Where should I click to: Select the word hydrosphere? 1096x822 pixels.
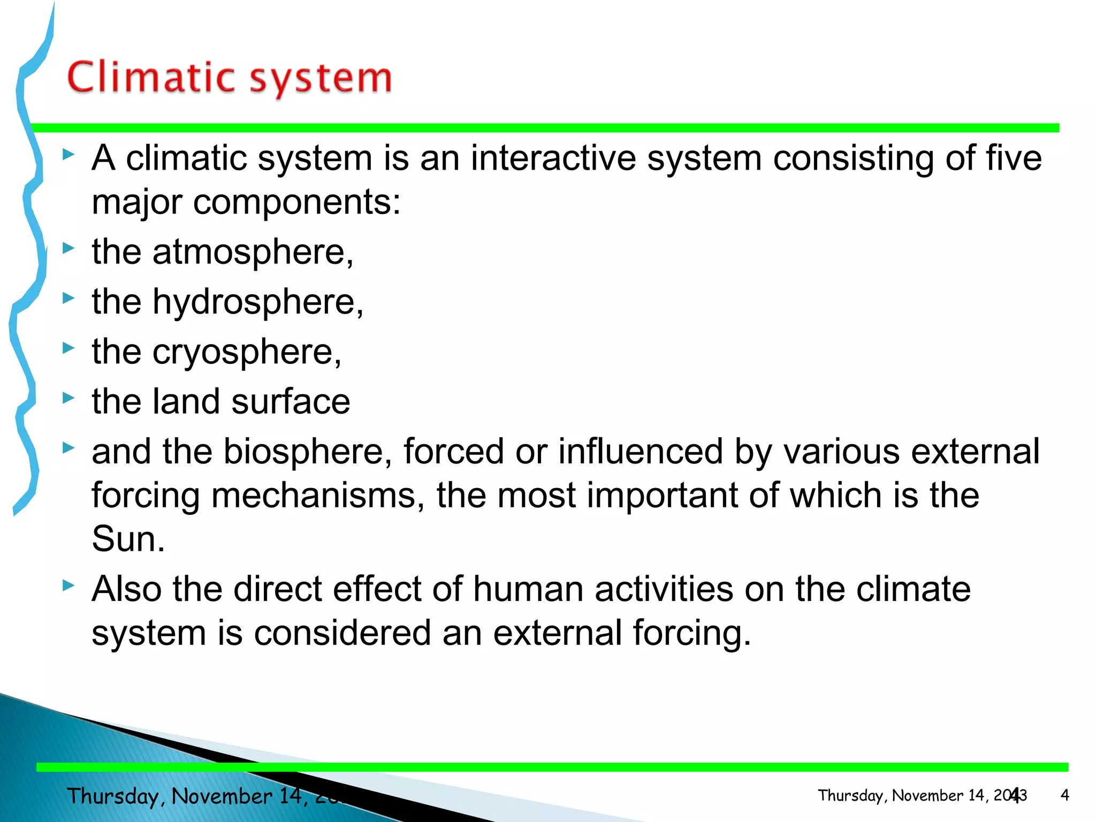coord(257,302)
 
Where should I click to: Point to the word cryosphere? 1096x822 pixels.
coord(246,352)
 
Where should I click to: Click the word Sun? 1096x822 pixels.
coord(127,539)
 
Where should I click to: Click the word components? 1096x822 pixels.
coord(296,202)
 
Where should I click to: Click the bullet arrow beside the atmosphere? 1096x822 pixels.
coord(68,248)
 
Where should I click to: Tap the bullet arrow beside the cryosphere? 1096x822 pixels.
coord(68,348)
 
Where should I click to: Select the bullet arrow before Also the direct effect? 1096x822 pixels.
coord(68,585)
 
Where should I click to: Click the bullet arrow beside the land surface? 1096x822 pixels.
coord(68,398)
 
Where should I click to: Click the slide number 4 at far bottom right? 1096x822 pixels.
coord(1064,795)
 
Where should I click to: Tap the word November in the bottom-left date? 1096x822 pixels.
coord(222,796)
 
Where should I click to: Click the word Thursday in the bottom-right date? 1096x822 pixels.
coord(850,796)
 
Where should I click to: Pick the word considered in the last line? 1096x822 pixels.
coord(342,633)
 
